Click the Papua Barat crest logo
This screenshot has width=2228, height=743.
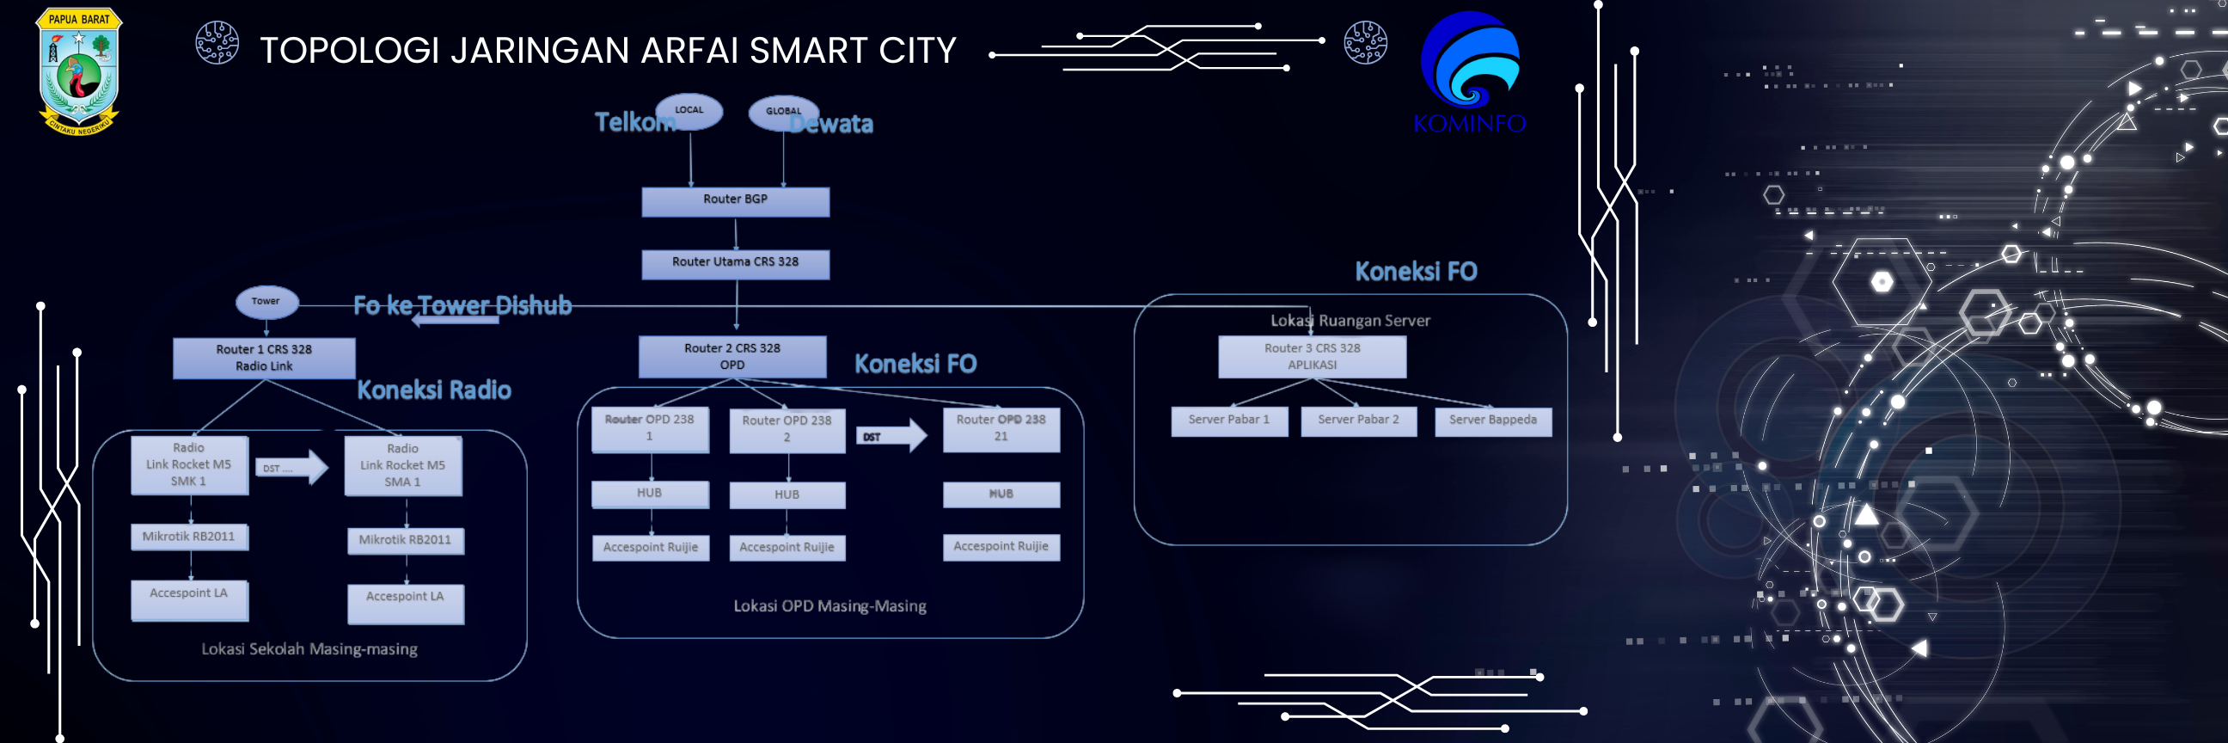pyautogui.click(x=79, y=71)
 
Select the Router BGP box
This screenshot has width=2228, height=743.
pyautogui.click(x=735, y=200)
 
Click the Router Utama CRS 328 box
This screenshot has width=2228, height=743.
pyautogui.click(x=735, y=263)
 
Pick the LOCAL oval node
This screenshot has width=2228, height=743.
pyautogui.click(x=689, y=111)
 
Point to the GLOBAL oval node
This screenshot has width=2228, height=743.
pyautogui.click(x=783, y=112)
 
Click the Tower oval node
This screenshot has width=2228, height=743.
pyautogui.click(x=266, y=301)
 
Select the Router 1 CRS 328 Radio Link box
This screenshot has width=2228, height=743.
pyautogui.click(x=264, y=357)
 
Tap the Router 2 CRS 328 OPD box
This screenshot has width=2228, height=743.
pyautogui.click(x=731, y=356)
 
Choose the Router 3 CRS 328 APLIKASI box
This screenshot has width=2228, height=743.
pyautogui.click(x=1312, y=356)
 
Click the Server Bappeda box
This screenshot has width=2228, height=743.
pyautogui.click(x=1493, y=421)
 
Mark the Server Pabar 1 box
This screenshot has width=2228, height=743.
pyautogui.click(x=1229, y=421)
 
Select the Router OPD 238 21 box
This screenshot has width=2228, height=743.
pyautogui.click(x=1001, y=428)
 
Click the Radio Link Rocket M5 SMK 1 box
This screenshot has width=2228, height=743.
pyautogui.click(x=188, y=464)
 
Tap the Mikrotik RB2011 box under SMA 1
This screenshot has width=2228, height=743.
pyautogui.click(x=405, y=541)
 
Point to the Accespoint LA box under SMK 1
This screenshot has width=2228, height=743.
pyautogui.click(x=188, y=599)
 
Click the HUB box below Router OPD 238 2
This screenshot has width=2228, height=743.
pyautogui.click(x=787, y=494)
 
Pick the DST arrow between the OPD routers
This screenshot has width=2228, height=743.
pyautogui.click(x=891, y=436)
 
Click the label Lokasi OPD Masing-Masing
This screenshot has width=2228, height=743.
pyautogui.click(x=829, y=606)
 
